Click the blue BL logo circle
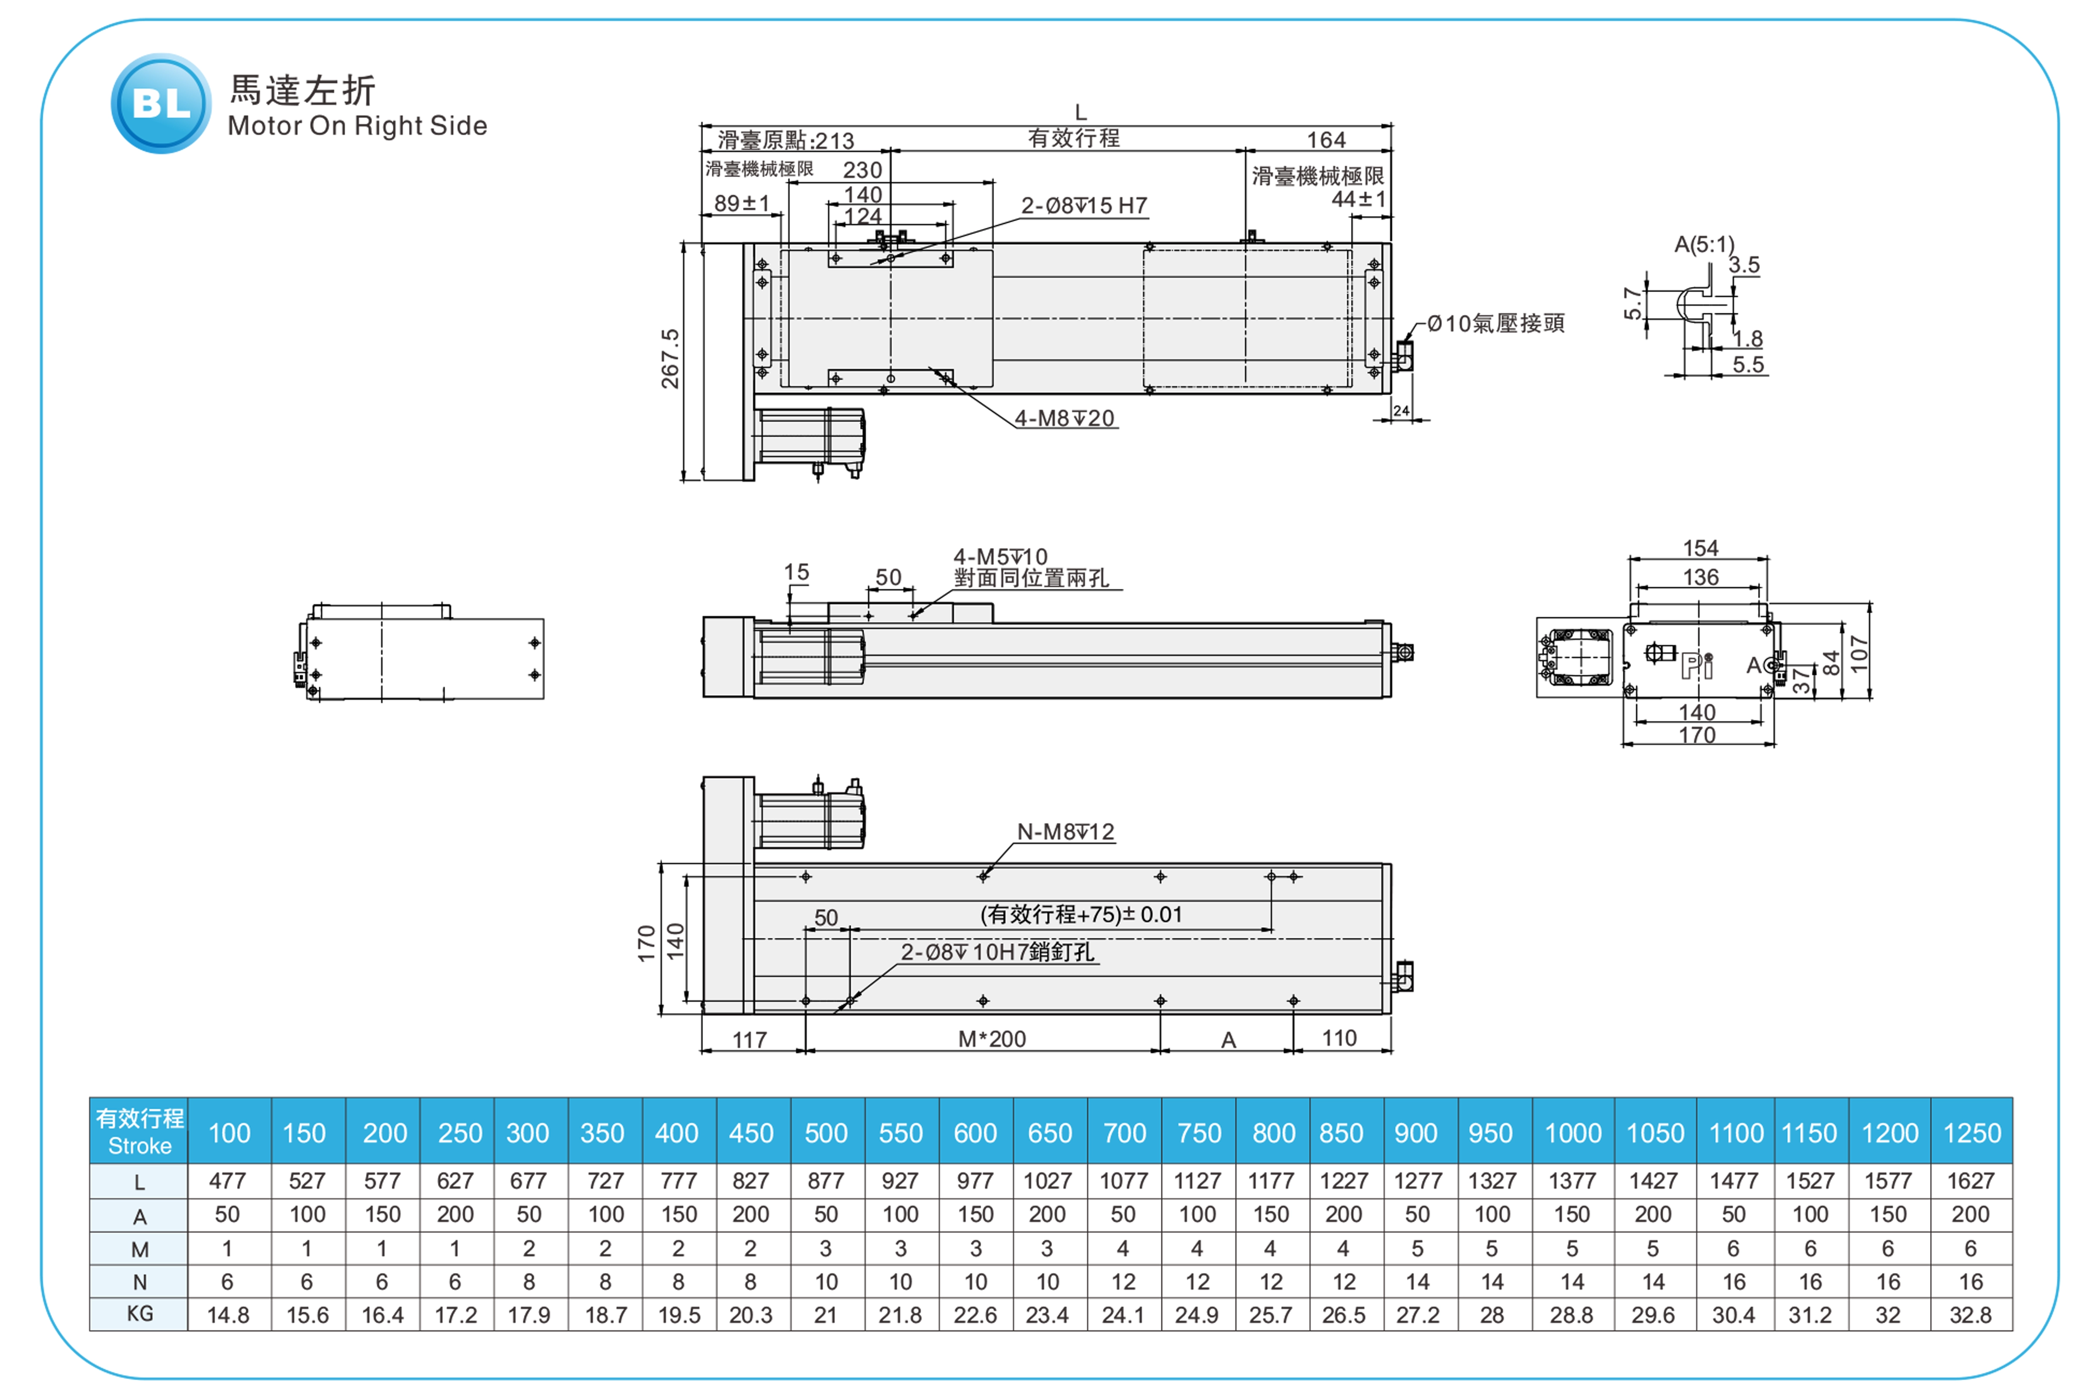click(161, 104)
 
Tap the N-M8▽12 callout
click(1065, 832)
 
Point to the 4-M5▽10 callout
click(1000, 556)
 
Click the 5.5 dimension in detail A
click(1747, 365)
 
